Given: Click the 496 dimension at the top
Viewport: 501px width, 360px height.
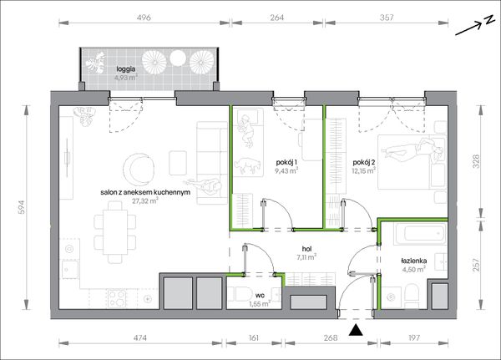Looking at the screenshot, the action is pyautogui.click(x=144, y=18).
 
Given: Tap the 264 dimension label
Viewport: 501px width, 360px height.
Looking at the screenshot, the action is pyautogui.click(x=276, y=18).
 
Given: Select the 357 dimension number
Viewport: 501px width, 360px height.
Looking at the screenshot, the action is pyautogui.click(x=387, y=18).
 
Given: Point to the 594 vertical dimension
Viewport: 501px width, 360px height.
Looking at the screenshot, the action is pyautogui.click(x=21, y=207).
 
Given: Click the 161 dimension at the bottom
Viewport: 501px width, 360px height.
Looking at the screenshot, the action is pyautogui.click(x=253, y=337).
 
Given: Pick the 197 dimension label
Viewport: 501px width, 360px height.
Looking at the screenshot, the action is pyautogui.click(x=414, y=337).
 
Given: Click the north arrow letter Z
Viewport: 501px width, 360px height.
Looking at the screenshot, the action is pyautogui.click(x=488, y=20).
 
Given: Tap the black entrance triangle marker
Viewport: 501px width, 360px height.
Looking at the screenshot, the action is pyautogui.click(x=356, y=330).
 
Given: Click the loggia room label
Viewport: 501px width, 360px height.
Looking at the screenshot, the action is pyautogui.click(x=126, y=68).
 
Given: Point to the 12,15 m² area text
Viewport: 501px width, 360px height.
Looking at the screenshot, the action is pyautogui.click(x=363, y=170).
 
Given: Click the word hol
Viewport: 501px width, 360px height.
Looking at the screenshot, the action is pyautogui.click(x=306, y=249).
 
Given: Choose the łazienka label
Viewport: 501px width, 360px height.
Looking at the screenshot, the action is pyautogui.click(x=413, y=261).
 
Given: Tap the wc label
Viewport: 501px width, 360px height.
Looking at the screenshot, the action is pyautogui.click(x=260, y=295).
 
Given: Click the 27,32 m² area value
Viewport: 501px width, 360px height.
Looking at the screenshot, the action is pyautogui.click(x=145, y=200).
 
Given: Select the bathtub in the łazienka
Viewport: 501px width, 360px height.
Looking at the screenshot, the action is pyautogui.click(x=420, y=234).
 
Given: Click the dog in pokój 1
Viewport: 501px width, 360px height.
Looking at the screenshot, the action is pyautogui.click(x=248, y=165).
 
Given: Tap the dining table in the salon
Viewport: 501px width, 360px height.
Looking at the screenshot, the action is pyautogui.click(x=115, y=232).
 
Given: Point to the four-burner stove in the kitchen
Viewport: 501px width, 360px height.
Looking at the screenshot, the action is pyautogui.click(x=117, y=299).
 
